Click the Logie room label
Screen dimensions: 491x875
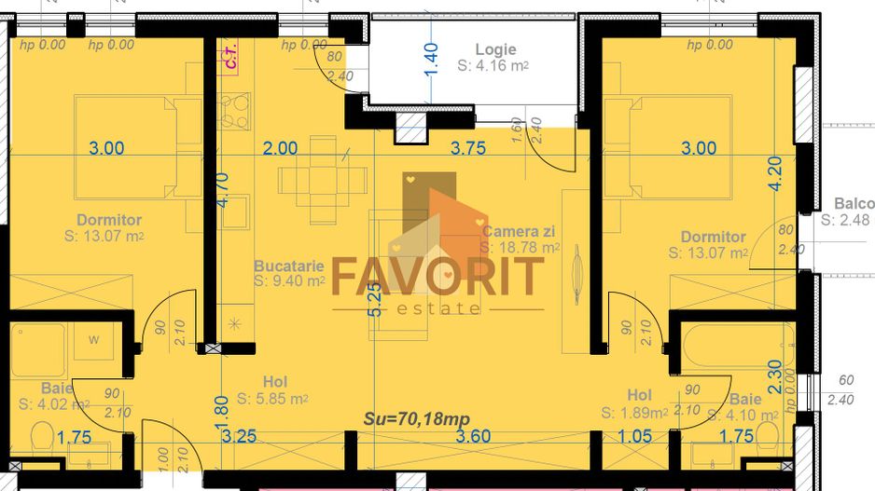click(x=495, y=50)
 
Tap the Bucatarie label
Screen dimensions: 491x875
click(x=289, y=265)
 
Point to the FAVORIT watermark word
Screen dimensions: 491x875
click(x=437, y=277)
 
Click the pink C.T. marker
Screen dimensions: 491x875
click(x=230, y=60)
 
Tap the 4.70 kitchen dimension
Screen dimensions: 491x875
click(x=220, y=187)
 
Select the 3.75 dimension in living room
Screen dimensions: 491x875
click(x=468, y=147)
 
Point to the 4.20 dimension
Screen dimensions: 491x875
click(x=774, y=172)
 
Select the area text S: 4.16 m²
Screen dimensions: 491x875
click(x=493, y=67)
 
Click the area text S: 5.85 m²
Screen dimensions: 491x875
click(x=272, y=399)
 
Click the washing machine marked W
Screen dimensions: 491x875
click(x=94, y=341)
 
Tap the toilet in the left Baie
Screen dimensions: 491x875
click(x=42, y=437)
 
